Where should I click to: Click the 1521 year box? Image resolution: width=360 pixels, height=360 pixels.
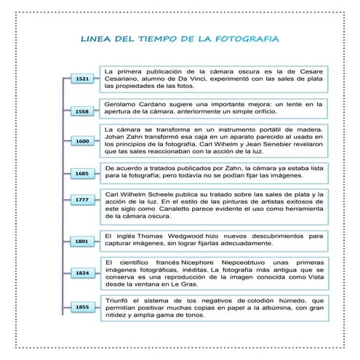(82, 79)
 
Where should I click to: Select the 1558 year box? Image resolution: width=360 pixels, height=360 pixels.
(82, 112)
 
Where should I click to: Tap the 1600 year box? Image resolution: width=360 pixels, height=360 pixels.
(82, 141)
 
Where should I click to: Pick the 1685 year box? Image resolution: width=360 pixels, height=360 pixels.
(82, 174)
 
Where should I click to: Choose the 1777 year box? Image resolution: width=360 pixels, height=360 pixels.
(82, 200)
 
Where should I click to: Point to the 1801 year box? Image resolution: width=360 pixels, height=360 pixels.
(82, 241)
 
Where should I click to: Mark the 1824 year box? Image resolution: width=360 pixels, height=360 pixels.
(82, 273)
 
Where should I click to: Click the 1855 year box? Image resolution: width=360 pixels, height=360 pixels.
(82, 308)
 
